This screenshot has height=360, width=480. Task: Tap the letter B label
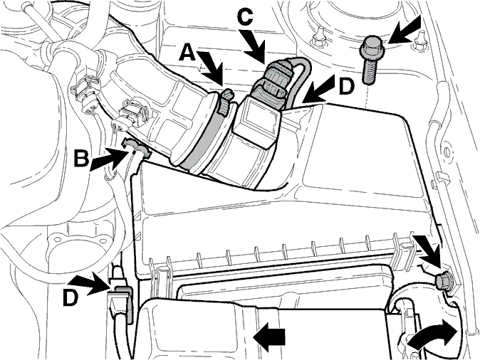tap(81, 158)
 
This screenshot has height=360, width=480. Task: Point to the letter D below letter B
tap(71, 297)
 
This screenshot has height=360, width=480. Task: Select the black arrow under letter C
tap(255, 46)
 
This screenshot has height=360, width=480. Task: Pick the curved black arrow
tap(432, 337)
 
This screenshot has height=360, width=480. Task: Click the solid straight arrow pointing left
tap(269, 337)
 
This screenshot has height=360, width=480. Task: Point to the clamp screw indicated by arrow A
tap(225, 100)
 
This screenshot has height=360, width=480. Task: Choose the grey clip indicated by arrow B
tap(136, 147)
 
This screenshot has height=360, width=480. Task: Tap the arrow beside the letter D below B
tap(91, 285)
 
